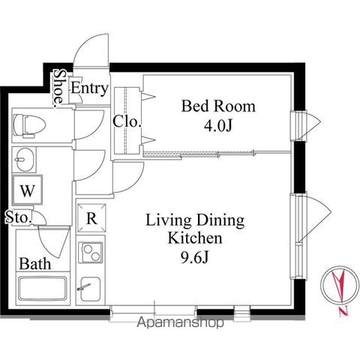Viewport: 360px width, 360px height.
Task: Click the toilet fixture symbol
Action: (x=29, y=125)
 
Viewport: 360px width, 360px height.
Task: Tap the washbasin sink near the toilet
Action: (x=25, y=160)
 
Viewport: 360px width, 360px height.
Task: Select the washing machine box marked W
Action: (x=27, y=190)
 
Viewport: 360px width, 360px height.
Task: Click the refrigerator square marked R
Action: (x=91, y=218)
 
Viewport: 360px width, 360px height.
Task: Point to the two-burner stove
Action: (x=91, y=252)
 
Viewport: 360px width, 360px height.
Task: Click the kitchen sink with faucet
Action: (x=91, y=289)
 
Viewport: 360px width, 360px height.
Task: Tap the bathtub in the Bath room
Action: (x=43, y=288)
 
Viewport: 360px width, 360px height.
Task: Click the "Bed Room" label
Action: (x=218, y=106)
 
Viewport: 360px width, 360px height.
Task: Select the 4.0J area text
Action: (x=218, y=126)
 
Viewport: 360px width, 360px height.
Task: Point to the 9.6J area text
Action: (x=194, y=257)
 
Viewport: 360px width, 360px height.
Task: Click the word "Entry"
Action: (x=90, y=88)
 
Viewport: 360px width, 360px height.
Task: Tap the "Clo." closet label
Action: (x=127, y=121)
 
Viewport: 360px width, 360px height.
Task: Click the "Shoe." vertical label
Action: (x=59, y=88)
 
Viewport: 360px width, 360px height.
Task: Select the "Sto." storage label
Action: (x=19, y=217)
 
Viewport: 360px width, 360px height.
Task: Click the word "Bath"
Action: (x=35, y=264)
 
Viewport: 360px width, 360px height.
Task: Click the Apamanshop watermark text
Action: (x=180, y=322)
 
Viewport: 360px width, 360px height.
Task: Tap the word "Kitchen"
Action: (x=195, y=238)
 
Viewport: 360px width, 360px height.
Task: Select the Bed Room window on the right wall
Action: (x=305, y=126)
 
